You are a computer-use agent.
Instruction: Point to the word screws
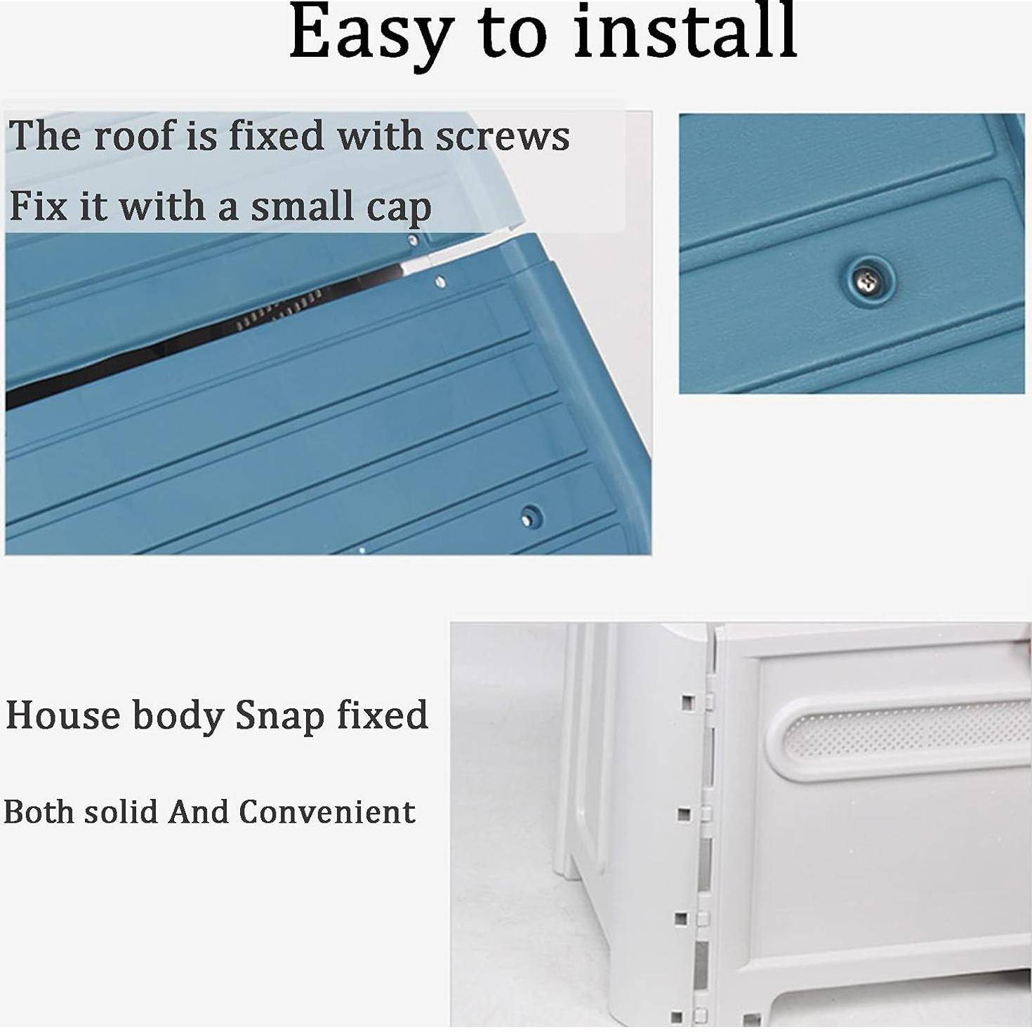coord(502,138)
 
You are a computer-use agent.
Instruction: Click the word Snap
coord(279,717)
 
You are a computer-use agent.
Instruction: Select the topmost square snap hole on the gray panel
coord(687,701)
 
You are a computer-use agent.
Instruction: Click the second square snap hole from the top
coord(683,814)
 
